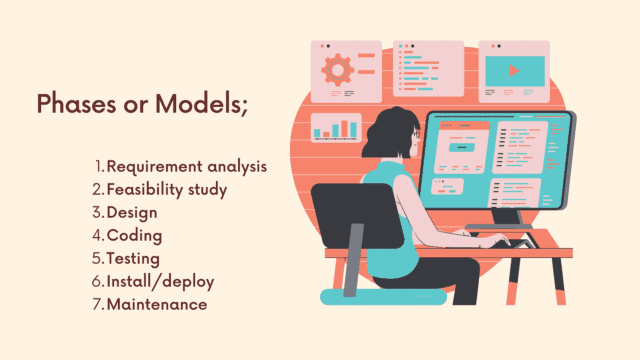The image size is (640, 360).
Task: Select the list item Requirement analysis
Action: click(186, 166)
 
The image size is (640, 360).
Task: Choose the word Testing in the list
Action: click(135, 258)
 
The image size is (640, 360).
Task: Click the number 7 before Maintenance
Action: click(96, 304)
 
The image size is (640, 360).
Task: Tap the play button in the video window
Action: click(513, 71)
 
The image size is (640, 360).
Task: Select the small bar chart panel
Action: click(336, 127)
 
